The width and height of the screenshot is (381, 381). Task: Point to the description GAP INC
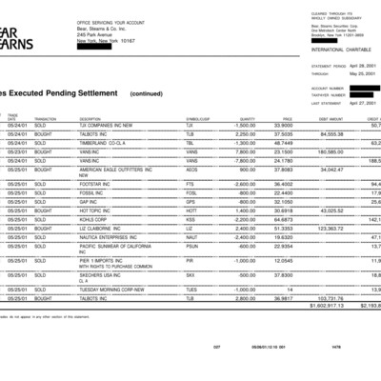click(x=90, y=201)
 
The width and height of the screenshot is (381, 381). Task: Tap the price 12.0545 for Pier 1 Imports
click(x=280, y=259)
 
